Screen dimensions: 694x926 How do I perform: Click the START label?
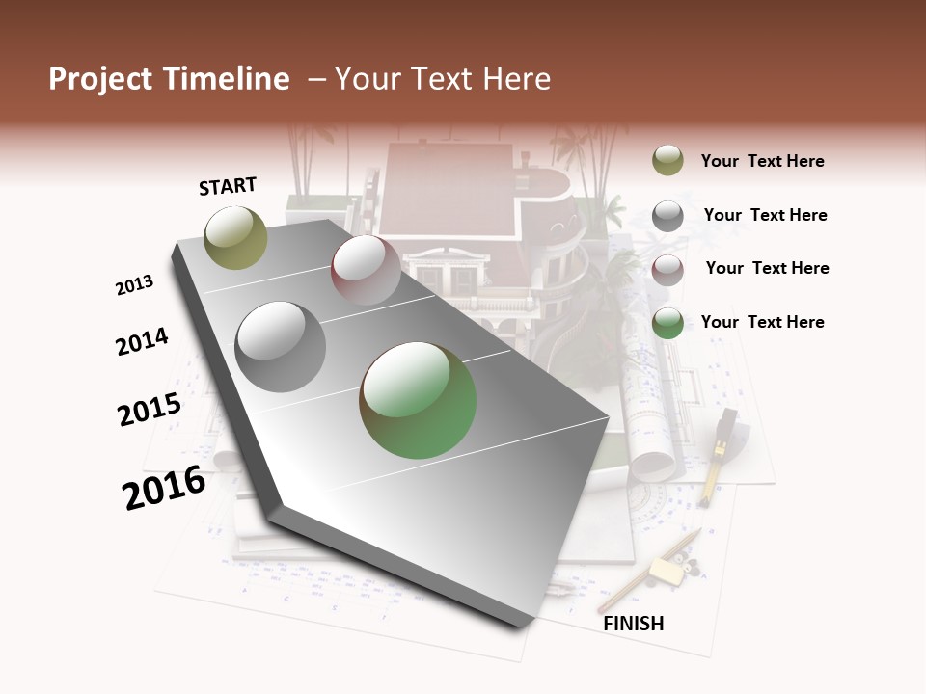pos(228,186)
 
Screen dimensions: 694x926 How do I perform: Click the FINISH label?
pos(633,624)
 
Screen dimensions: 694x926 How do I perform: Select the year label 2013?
pos(135,284)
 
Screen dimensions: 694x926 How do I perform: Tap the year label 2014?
pos(142,341)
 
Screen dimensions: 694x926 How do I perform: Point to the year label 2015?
pos(150,410)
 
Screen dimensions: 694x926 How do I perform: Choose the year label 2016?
pos(164,488)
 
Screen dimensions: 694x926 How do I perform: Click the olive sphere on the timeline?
pos(235,238)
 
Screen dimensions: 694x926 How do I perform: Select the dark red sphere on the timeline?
pos(366,270)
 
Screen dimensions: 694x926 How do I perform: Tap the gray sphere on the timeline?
pos(281,347)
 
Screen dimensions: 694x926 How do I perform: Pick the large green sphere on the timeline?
pos(418,400)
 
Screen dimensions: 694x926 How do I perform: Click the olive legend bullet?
pos(667,161)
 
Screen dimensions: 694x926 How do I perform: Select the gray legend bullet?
pos(667,216)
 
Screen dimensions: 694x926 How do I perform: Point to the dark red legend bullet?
pos(667,270)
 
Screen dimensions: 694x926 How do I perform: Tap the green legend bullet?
pos(667,323)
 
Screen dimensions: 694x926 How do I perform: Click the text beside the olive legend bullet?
pos(762,161)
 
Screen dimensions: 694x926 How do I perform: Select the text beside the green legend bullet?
pos(762,322)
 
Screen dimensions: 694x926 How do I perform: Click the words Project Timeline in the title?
pos(169,79)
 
